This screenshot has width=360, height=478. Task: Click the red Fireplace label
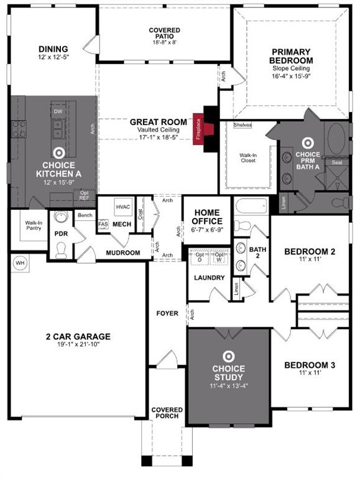pyautogui.click(x=198, y=130)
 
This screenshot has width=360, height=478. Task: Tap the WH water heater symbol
pyautogui.click(x=19, y=263)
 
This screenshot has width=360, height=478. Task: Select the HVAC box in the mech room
pyautogui.click(x=123, y=207)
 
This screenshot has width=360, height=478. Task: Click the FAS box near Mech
pyautogui.click(x=103, y=224)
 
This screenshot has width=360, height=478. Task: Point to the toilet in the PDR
pyautogui.click(x=60, y=250)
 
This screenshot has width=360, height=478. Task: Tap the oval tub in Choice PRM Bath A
pyautogui.click(x=338, y=136)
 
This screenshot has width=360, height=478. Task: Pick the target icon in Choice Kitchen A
pyautogui.click(x=58, y=151)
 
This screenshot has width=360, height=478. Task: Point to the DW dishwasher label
pyautogui.click(x=58, y=111)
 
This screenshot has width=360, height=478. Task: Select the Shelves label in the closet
pyautogui.click(x=242, y=125)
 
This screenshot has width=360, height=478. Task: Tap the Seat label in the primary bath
pyautogui.click(x=337, y=162)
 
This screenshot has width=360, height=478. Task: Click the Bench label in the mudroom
pyautogui.click(x=83, y=215)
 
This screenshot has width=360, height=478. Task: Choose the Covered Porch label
pyautogui.click(x=167, y=413)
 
